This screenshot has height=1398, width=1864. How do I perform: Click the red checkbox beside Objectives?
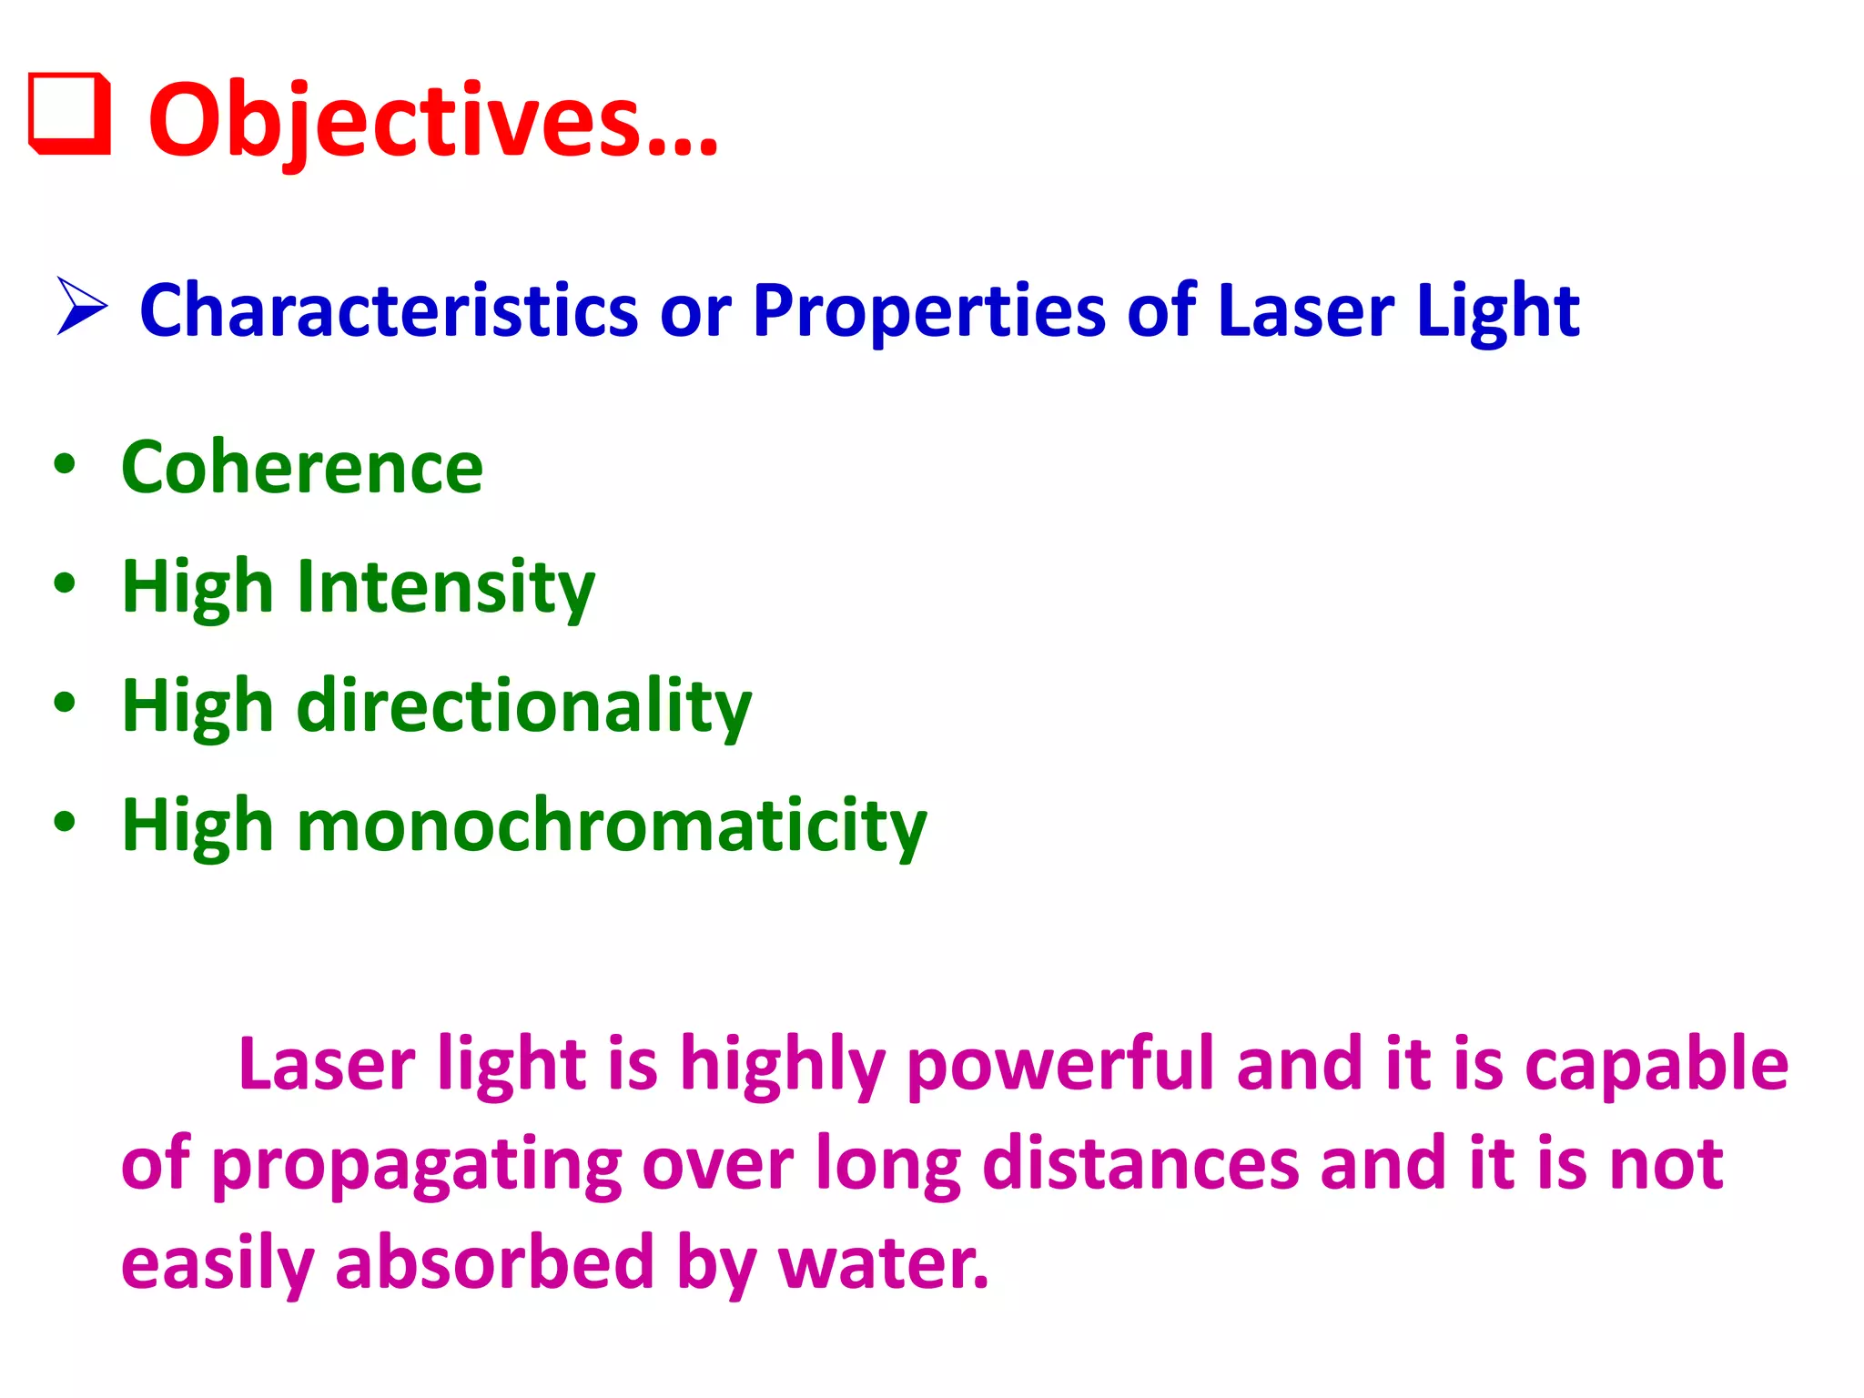tap(69, 114)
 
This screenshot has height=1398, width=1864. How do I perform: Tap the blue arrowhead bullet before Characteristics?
tap(82, 306)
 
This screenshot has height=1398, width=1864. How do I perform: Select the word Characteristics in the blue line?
tap(389, 310)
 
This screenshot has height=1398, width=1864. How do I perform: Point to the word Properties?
tap(928, 312)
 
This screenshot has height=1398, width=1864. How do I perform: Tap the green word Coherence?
tap(302, 467)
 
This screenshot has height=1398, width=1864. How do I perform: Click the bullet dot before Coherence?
tap(65, 464)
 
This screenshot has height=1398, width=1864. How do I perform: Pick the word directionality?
tap(524, 706)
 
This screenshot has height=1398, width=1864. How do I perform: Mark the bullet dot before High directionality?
tap(65, 703)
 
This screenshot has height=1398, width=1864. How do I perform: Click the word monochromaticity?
tap(612, 826)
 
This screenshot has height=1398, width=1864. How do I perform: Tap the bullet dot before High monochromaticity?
tap(65, 822)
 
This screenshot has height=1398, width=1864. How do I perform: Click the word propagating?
tap(417, 1164)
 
